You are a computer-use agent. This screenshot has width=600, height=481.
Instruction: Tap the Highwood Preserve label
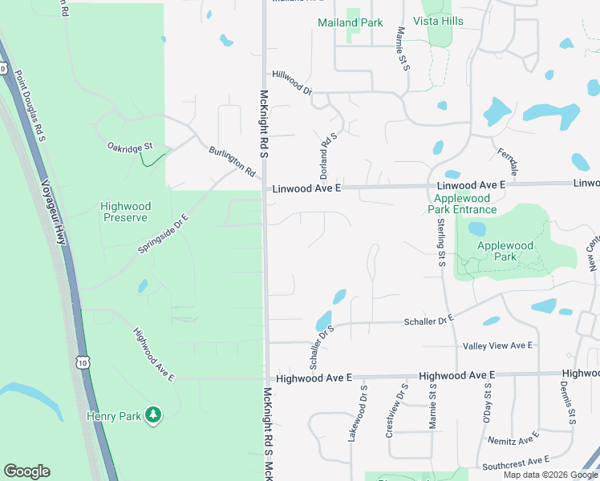[x=124, y=212]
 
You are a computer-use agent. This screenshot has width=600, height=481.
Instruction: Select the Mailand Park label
[x=351, y=22]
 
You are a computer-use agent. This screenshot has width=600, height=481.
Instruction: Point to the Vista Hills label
[x=438, y=21]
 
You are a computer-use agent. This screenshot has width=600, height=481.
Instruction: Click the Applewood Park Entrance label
[x=464, y=204]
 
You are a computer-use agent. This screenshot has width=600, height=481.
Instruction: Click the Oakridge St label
[x=129, y=147]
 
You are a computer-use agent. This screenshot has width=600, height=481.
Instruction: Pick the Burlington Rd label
[x=232, y=161]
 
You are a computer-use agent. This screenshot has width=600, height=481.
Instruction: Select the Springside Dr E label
[x=163, y=233]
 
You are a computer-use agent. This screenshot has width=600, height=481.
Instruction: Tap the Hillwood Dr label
[x=291, y=82]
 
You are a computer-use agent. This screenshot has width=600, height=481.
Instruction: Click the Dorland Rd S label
[x=325, y=155]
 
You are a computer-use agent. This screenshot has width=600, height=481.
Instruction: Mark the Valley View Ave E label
[x=498, y=346]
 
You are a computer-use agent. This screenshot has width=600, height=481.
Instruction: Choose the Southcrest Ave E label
[x=515, y=463]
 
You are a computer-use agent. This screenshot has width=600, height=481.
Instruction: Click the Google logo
[x=26, y=471]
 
